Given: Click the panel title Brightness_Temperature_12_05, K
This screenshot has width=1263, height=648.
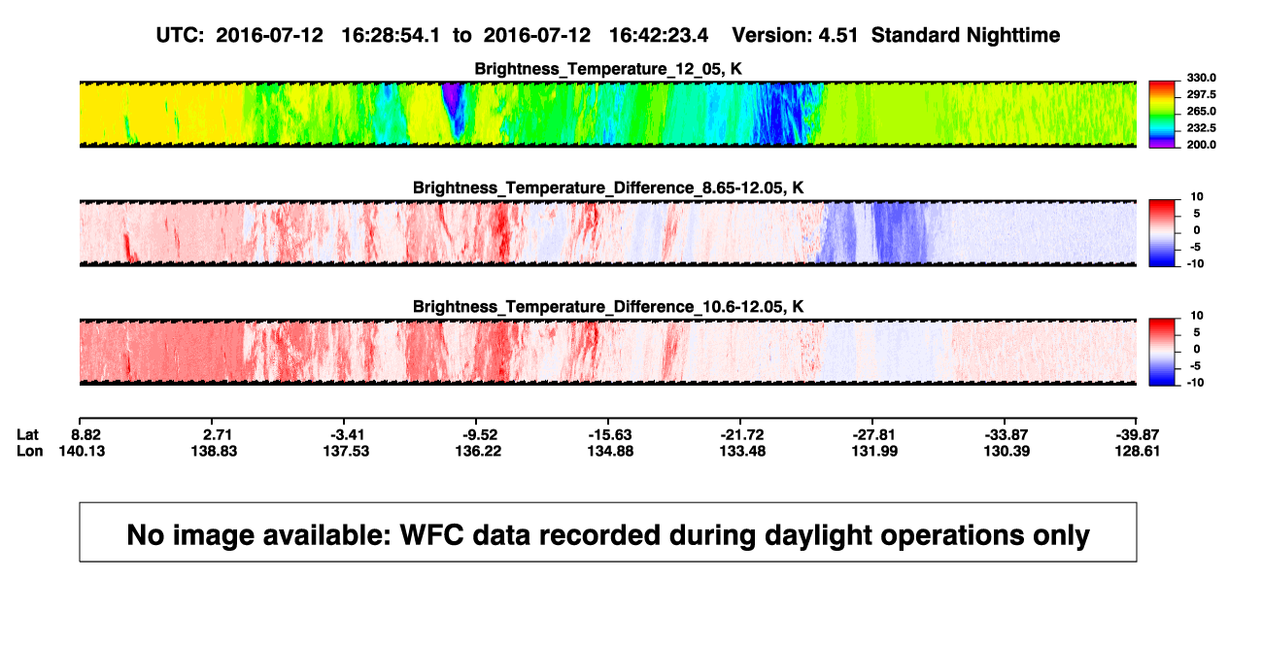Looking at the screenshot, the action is click(608, 69).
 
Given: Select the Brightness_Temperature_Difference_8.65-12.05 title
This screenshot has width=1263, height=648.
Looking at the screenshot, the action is click(608, 188).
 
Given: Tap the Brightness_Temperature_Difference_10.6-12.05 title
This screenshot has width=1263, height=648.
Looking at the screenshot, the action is click(608, 307).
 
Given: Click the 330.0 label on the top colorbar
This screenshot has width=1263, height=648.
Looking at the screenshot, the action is click(1201, 78).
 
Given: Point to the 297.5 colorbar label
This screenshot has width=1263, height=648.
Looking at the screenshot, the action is click(1201, 94).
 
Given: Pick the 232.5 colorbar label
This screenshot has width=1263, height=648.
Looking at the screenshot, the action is click(1201, 128).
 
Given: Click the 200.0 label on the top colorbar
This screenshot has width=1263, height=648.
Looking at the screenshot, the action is click(1201, 145).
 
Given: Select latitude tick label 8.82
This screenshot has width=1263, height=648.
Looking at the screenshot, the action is click(85, 435).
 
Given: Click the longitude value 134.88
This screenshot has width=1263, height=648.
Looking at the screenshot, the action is click(610, 451).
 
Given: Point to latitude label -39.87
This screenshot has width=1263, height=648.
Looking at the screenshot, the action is click(1137, 435).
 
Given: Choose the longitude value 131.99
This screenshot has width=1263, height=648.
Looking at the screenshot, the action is click(874, 451).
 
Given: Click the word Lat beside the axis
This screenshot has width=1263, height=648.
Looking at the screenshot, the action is click(27, 435).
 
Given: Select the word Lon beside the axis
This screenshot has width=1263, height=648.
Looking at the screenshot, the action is click(29, 451).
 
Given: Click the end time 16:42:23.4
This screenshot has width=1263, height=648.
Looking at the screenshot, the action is click(659, 35).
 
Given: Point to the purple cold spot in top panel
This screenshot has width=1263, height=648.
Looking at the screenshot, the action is click(451, 94).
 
